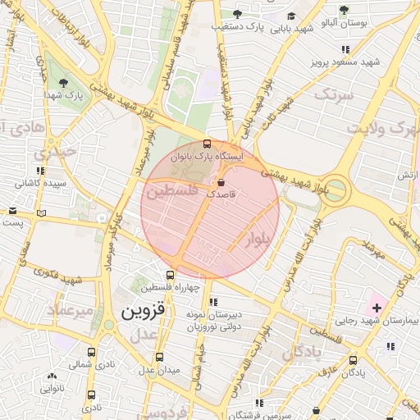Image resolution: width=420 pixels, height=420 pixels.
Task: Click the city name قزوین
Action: click(x=144, y=312)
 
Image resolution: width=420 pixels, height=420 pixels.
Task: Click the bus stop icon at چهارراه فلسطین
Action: click(x=170, y=275)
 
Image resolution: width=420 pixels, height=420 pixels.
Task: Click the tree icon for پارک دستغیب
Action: click(x=238, y=14)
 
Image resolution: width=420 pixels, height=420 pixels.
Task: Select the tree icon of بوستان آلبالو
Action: click(x=343, y=10)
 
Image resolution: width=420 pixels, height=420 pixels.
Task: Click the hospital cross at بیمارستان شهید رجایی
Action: click(x=377, y=308)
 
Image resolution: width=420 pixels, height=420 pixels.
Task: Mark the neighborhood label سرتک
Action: click(x=337, y=97)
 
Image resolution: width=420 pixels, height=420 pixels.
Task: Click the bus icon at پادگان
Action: click(x=353, y=359)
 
